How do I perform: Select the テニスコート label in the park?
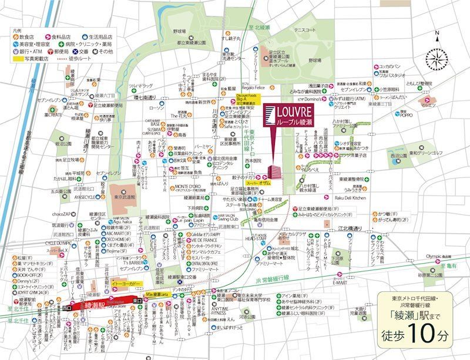pos(305,29)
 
